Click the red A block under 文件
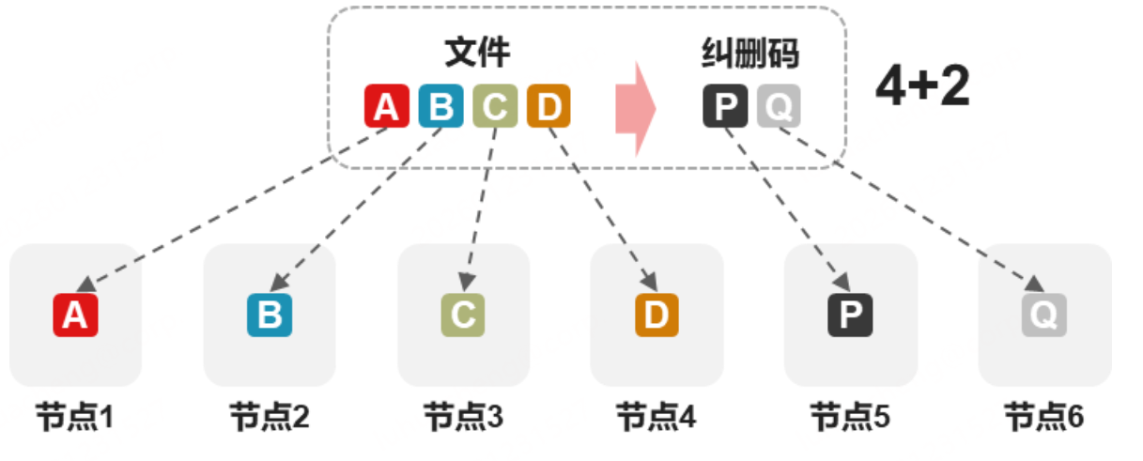pos(387,106)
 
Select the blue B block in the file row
pos(440,106)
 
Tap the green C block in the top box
pos(495,106)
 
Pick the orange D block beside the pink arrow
pos(548,106)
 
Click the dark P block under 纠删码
pos(725,106)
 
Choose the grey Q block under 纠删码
pos(779,106)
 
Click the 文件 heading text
pos(478,53)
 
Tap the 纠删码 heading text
pos(750,53)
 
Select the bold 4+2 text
pos(922,87)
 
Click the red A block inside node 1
pos(75,315)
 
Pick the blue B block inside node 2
pos(270,315)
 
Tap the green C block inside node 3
pos(463,315)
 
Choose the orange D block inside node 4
pos(656,315)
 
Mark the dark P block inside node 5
pos(851,315)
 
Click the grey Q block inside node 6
pos(1044,315)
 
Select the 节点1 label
pos(75,416)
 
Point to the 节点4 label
pos(656,416)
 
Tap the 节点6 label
pos(1044,416)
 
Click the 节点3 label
pos(463,416)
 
